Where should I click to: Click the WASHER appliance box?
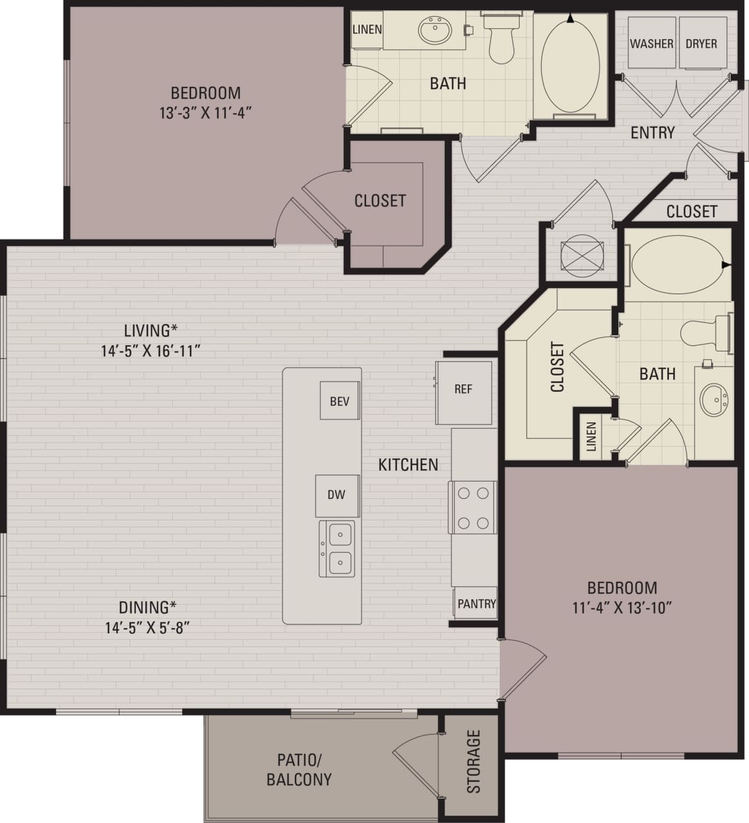pyautogui.click(x=651, y=44)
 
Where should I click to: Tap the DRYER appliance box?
pyautogui.click(x=701, y=44)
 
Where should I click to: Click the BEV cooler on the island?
pyautogui.click(x=339, y=401)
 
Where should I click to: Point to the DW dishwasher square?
pyautogui.click(x=337, y=495)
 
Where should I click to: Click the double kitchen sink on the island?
pyautogui.click(x=337, y=548)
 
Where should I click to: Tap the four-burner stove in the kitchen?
pyautogui.click(x=472, y=507)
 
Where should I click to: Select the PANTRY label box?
pyautogui.click(x=476, y=604)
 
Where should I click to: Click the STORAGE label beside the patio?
pyautogui.click(x=474, y=761)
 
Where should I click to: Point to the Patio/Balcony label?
pyautogui.click(x=299, y=770)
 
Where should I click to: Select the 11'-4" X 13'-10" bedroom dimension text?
pyautogui.click(x=622, y=608)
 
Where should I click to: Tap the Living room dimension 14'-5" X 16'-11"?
pyautogui.click(x=150, y=350)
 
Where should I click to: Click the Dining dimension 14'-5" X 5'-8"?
pyautogui.click(x=147, y=627)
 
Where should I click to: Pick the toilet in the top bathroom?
pyautogui.click(x=500, y=40)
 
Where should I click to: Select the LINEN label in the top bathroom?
pyautogui.click(x=367, y=30)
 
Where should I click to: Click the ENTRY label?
pyautogui.click(x=652, y=132)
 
